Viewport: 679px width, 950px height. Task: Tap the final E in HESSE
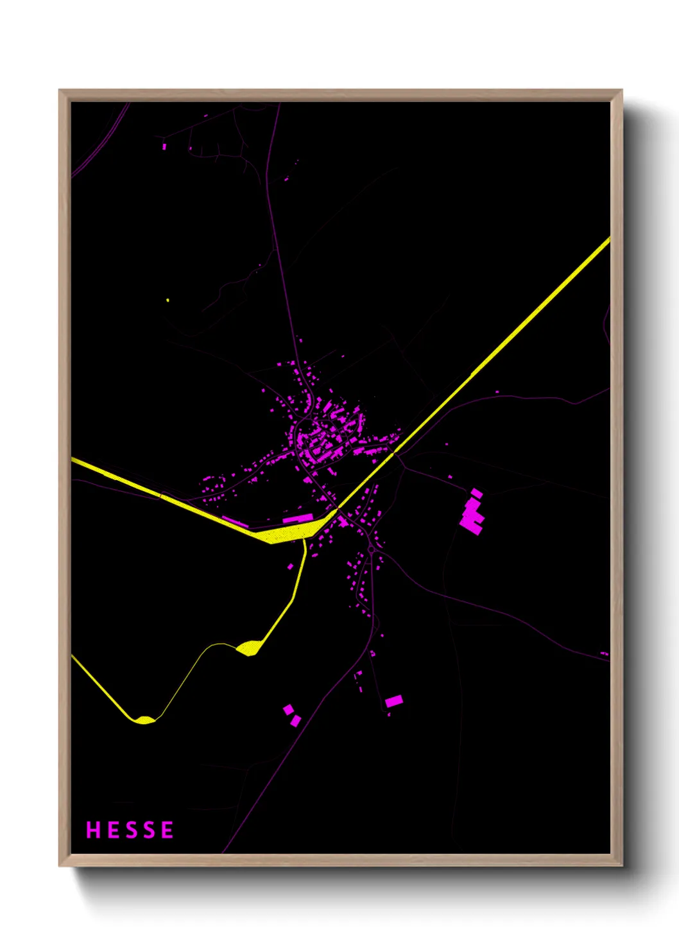click(x=168, y=830)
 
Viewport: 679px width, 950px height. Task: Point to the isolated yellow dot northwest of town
click(x=168, y=300)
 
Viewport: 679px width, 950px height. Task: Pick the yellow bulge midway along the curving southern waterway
click(x=248, y=648)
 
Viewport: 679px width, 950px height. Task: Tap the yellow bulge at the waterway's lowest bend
click(x=144, y=720)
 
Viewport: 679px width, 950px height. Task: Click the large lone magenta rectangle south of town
click(x=394, y=700)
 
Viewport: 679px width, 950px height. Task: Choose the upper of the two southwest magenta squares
click(x=289, y=709)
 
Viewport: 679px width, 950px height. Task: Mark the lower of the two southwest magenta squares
click(x=295, y=721)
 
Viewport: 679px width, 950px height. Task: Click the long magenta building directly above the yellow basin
click(x=298, y=517)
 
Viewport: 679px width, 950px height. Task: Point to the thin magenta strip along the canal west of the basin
click(x=235, y=521)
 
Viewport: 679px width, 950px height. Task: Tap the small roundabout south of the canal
click(x=371, y=550)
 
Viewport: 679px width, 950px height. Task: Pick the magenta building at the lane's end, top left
click(x=164, y=146)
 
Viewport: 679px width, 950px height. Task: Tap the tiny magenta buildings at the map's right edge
click(x=604, y=653)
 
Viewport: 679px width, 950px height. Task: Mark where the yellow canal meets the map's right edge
click(x=608, y=240)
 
